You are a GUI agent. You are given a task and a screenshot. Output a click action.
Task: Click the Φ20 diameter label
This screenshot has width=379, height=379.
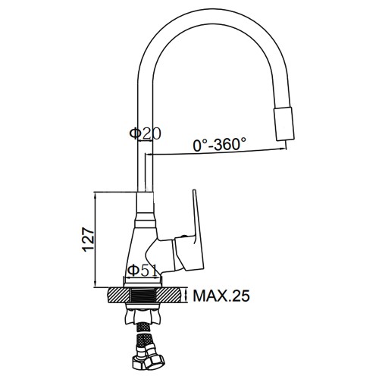tap(145, 133)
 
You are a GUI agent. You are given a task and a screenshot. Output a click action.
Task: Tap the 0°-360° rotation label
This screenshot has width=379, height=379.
tap(219, 145)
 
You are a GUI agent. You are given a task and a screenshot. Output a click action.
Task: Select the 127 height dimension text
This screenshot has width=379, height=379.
tap(89, 240)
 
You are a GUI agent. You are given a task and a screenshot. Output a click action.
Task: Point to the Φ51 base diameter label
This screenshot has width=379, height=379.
tap(143, 271)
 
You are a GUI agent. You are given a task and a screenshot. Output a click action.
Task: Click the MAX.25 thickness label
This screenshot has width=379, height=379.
tap(221, 296)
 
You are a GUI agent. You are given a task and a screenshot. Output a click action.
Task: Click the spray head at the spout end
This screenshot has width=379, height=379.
tap(284, 124)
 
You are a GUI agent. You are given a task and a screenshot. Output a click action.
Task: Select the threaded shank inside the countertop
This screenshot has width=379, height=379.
tap(143, 296)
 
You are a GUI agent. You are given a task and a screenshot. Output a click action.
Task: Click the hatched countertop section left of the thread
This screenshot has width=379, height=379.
tap(118, 296)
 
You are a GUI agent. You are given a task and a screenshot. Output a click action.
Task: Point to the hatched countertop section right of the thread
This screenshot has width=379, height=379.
tap(168, 296)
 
